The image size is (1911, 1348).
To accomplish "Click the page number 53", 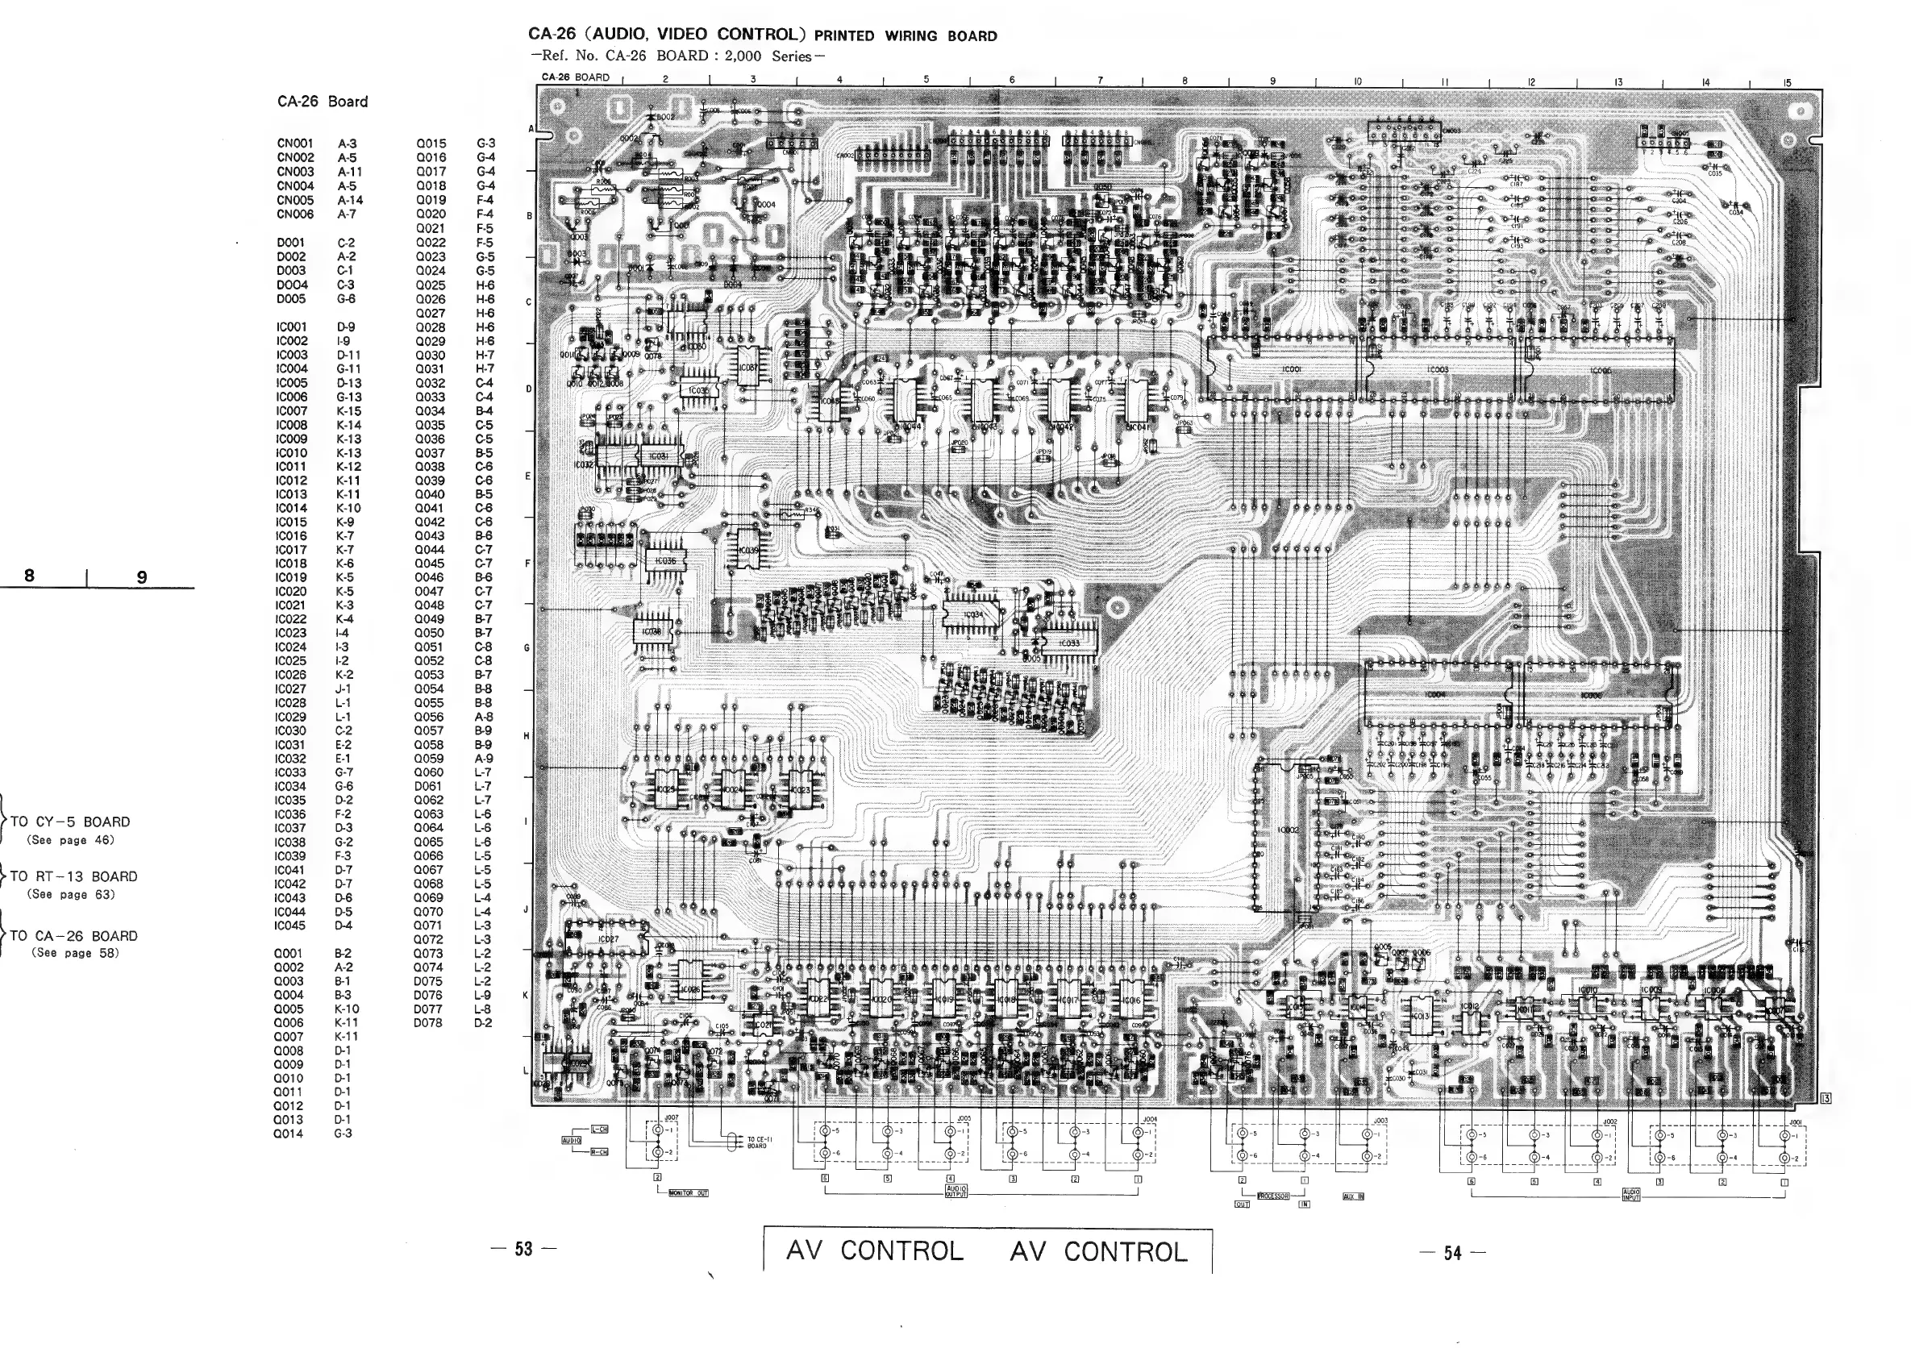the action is coord(523,1249).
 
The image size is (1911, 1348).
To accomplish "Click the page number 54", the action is coord(1452,1253).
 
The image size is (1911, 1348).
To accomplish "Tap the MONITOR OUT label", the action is coord(688,1193).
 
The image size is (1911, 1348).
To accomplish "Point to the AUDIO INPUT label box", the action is coord(1630,1196).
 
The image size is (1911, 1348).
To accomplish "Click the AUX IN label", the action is coord(1353,1196).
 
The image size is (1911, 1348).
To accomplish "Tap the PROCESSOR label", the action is coord(1272,1196).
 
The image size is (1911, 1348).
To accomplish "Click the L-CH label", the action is coord(599,1130).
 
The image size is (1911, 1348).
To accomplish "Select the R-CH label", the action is coord(599,1151).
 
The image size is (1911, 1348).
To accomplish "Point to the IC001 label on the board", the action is coord(1292,368).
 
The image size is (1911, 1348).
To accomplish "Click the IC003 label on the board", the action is coord(1438,370).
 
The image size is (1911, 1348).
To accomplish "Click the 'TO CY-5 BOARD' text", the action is coord(70,822).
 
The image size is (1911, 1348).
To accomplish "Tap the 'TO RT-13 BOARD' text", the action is coord(73,876).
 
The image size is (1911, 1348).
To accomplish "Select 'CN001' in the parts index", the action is coord(295,144).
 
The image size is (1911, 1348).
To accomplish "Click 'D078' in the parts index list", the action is coord(428,1022).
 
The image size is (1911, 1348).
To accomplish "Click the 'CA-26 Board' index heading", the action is coord(322,102).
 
